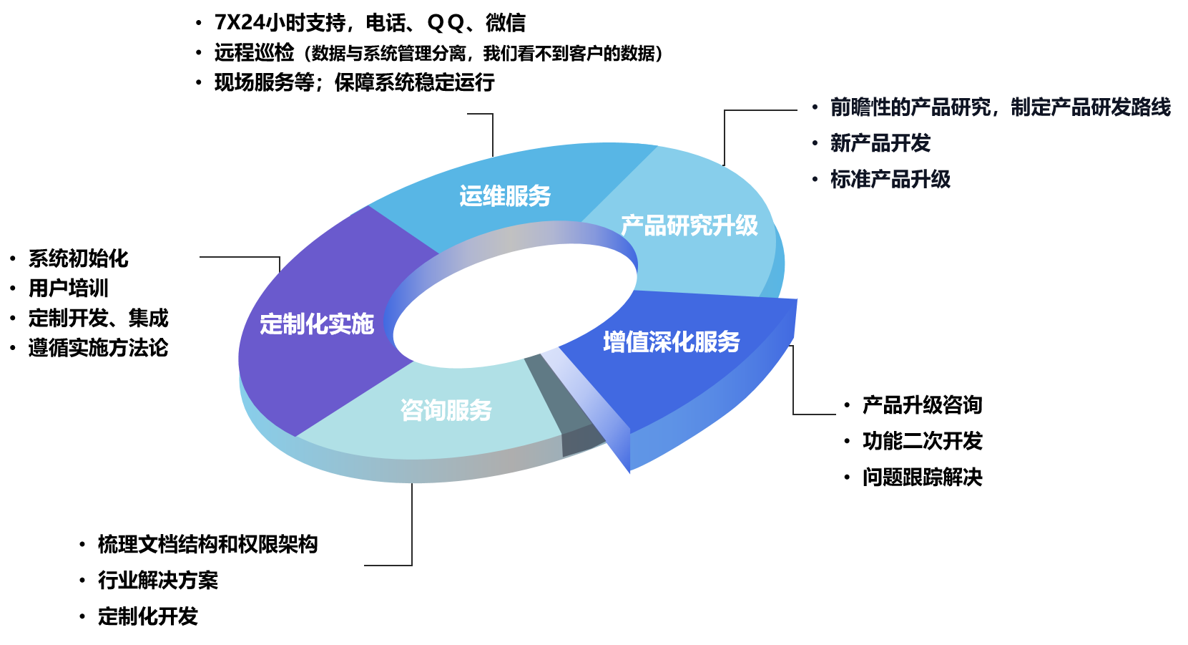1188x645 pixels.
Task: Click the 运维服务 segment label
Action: pos(505,196)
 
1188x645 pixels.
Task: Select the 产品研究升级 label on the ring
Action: pos(689,225)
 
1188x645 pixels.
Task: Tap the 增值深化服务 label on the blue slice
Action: pos(672,342)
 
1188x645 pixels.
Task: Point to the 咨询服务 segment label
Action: pos(446,409)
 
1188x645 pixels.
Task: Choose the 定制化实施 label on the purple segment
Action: pos(317,324)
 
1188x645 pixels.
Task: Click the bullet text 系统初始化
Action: pos(79,258)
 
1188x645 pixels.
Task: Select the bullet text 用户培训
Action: pos(69,288)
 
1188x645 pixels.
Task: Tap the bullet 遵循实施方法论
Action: pos(98,348)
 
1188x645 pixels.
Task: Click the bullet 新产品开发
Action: pos(880,142)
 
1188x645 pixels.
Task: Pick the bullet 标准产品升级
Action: pos(890,180)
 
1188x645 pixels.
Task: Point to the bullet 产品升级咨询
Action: pos(923,405)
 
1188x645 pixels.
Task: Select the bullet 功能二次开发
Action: pos(923,441)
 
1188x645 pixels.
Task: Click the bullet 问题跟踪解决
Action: pos(923,477)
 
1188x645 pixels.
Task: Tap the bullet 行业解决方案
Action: pos(158,581)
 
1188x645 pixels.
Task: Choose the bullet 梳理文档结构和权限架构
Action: pos(208,544)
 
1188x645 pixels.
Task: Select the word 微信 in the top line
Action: pos(506,22)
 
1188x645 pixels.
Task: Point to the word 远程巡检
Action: pos(254,52)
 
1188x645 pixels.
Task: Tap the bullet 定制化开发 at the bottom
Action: pos(148,616)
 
